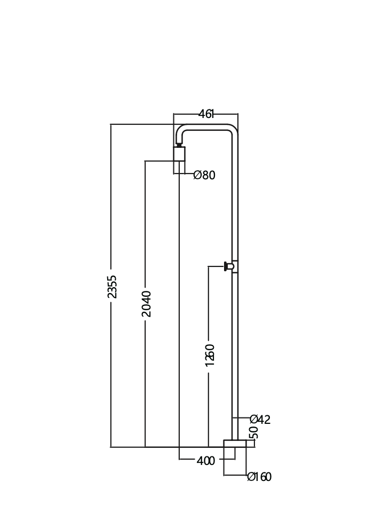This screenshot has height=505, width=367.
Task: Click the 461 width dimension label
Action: point(206,114)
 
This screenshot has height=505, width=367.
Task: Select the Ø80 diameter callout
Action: point(204,175)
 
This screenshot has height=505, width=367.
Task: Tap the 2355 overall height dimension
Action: point(112,287)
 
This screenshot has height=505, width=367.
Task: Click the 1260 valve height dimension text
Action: point(210,355)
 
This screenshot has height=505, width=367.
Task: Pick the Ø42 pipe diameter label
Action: point(260,420)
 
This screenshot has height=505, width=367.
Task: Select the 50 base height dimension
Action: point(254,432)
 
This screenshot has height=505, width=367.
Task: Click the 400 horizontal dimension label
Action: point(206,461)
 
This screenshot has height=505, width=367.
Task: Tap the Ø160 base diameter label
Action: point(259,477)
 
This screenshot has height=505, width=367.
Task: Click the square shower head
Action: point(179,154)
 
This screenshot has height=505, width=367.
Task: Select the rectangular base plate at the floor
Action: point(235,444)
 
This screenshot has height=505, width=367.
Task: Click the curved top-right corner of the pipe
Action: point(233,129)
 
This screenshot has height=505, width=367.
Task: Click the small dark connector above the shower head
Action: point(179,144)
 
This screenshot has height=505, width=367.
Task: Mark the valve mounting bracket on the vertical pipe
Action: point(235,266)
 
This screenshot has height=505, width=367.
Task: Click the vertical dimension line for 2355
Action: point(111,214)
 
